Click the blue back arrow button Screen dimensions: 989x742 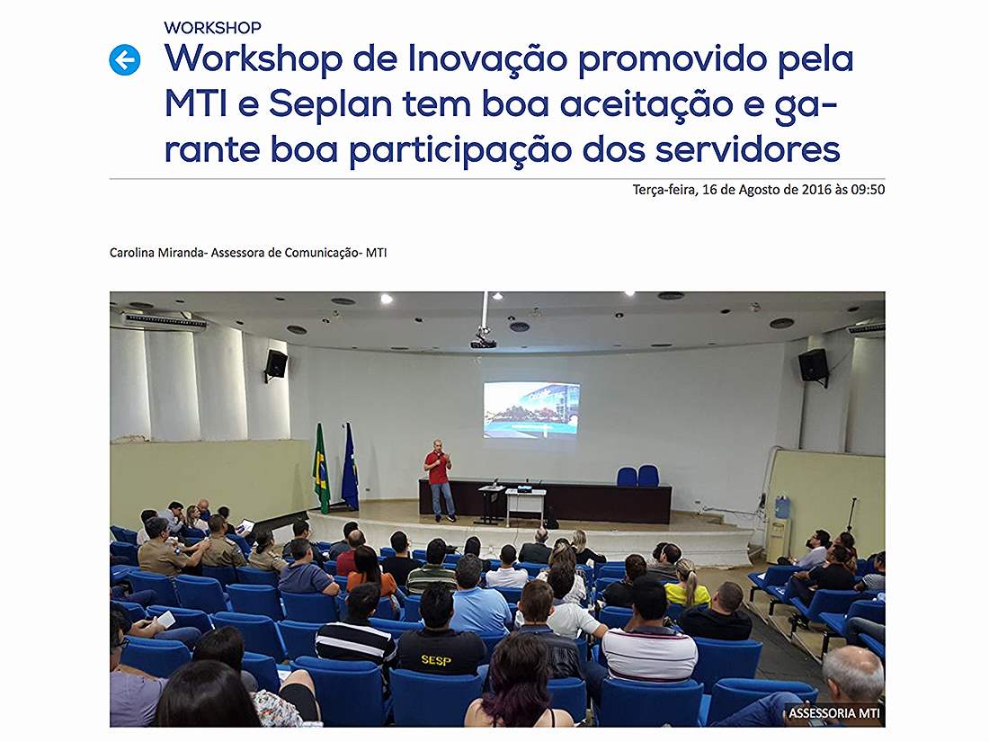(x=124, y=60)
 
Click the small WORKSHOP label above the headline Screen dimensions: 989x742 (x=212, y=28)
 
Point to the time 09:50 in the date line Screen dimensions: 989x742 (x=868, y=189)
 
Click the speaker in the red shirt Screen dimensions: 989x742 (x=440, y=480)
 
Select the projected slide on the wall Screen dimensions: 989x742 (x=531, y=409)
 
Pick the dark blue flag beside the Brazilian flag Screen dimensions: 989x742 (x=350, y=466)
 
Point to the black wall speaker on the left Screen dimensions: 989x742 (x=276, y=365)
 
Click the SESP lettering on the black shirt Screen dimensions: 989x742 (x=436, y=660)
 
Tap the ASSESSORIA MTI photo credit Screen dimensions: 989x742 (x=833, y=713)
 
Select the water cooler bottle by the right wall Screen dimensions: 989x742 (x=782, y=507)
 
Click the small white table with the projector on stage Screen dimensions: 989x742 (x=526, y=505)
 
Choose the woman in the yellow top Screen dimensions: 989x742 (x=686, y=586)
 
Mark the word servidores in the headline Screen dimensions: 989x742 (x=747, y=150)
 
